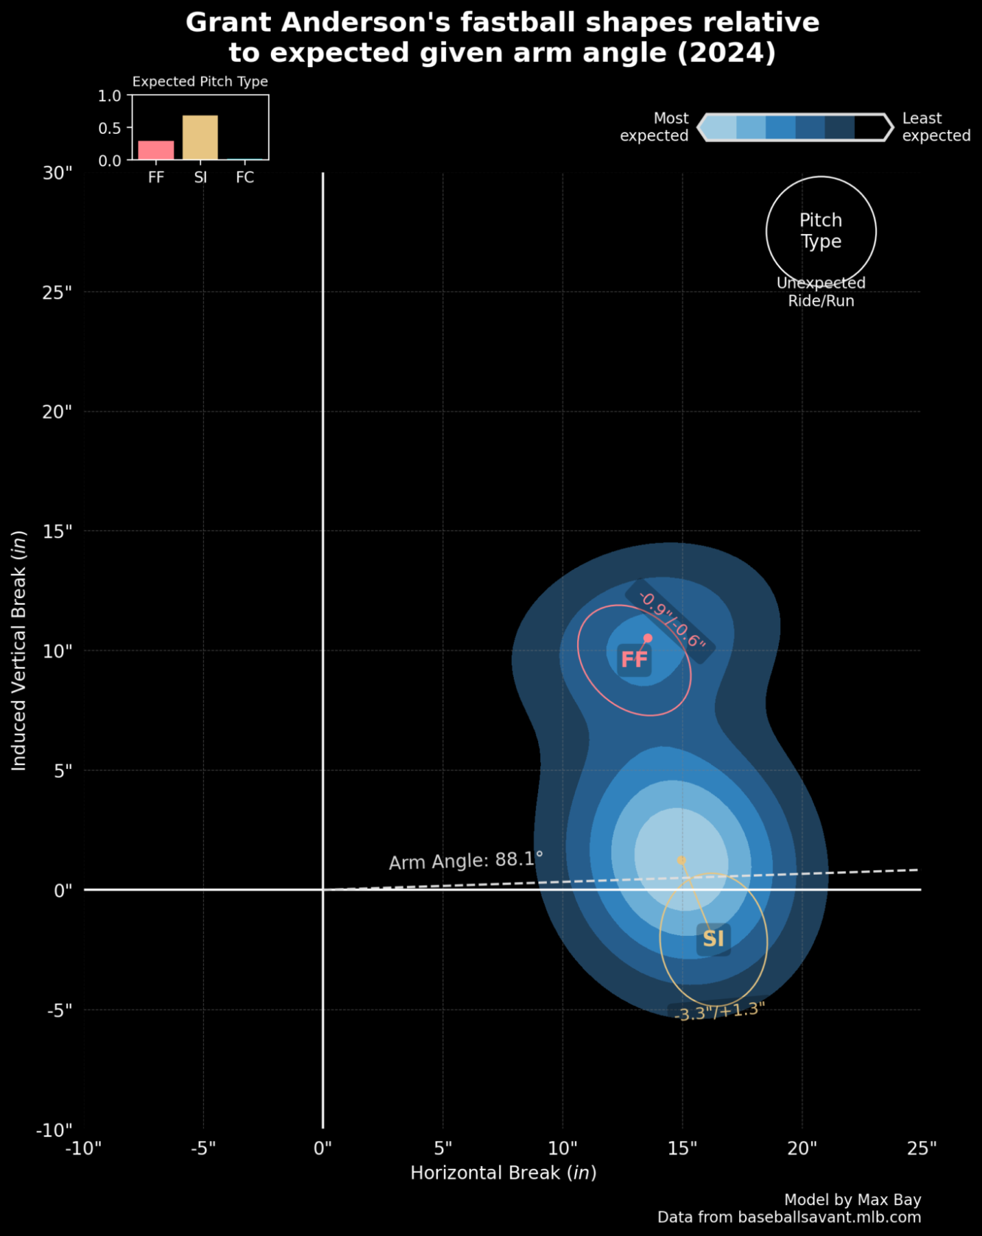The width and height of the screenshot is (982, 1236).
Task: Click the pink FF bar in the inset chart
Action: (156, 150)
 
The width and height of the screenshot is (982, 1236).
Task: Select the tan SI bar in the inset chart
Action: (200, 137)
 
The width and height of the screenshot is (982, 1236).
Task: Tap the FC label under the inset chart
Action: (245, 178)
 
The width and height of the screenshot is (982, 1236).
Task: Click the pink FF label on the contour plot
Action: (634, 660)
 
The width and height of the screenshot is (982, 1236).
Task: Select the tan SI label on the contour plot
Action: (713, 939)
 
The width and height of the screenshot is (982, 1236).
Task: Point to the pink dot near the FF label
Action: (648, 638)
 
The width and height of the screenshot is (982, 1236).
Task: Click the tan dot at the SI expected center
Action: (681, 860)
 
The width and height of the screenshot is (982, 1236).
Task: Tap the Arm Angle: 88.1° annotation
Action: (465, 860)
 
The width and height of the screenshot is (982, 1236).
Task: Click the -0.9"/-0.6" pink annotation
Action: (671, 620)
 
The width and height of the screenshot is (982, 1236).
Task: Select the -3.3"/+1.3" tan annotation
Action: (719, 1011)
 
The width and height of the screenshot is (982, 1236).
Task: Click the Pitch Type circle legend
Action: (821, 231)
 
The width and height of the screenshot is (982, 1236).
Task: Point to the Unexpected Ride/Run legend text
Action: (821, 292)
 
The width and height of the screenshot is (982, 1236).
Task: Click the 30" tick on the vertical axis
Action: (58, 173)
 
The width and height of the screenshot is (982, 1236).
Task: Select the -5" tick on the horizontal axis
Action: (203, 1149)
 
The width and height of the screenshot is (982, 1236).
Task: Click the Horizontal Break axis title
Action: (503, 1173)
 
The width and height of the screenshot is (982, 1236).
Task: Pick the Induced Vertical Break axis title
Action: (19, 650)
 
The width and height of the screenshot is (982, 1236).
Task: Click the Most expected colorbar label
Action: (654, 127)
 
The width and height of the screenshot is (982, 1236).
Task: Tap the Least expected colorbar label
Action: (935, 127)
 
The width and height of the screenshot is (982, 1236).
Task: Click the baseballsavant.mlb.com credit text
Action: (788, 1217)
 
